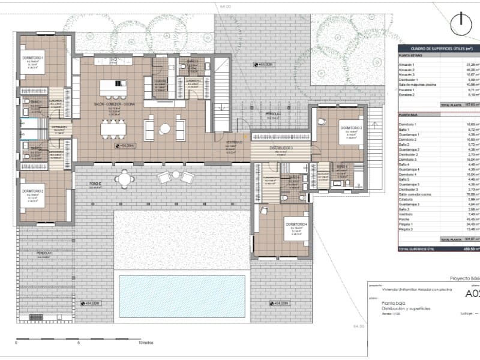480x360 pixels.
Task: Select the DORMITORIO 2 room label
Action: (33, 191)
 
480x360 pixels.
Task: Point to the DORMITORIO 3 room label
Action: (351, 128)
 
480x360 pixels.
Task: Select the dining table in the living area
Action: (113, 128)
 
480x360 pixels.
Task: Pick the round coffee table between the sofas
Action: (165, 128)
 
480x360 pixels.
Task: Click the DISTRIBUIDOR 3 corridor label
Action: (281, 148)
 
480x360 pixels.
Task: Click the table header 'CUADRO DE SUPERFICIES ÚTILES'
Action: (437, 48)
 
